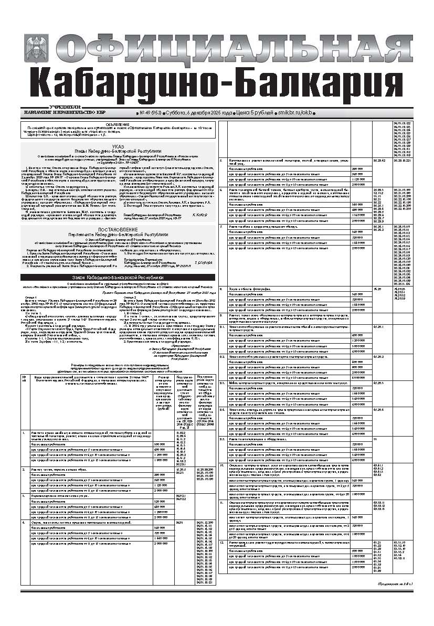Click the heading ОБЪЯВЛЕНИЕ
pos(118,124)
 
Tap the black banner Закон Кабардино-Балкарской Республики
pos(118,277)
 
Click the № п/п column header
pos(25,364)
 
